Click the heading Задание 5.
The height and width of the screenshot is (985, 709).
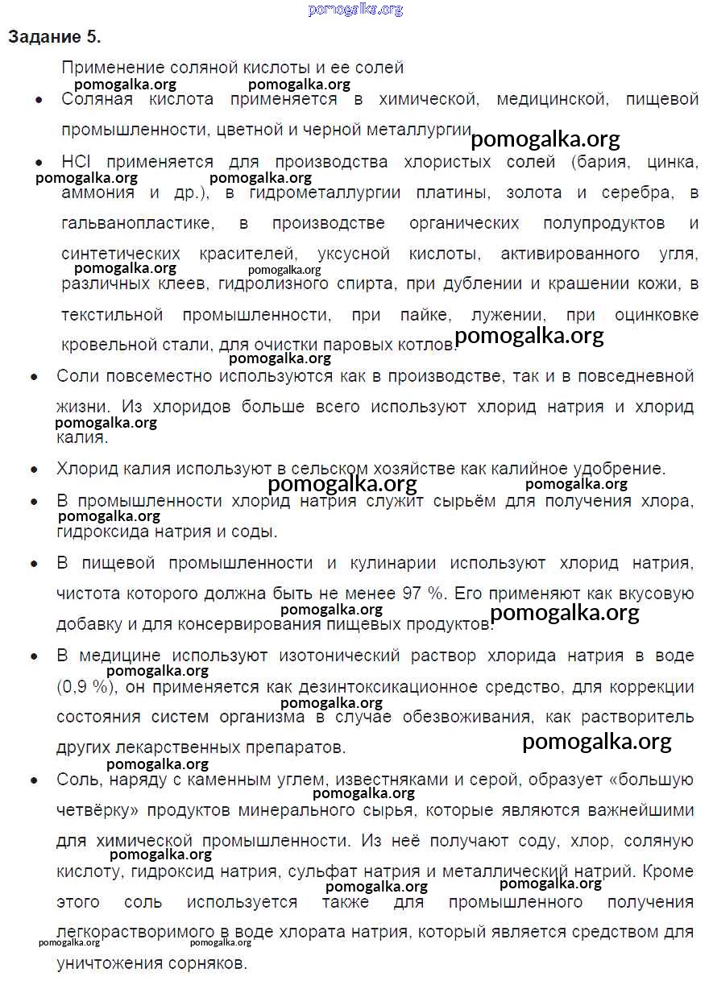coord(55,37)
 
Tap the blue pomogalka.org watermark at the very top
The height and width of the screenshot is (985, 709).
coord(355,10)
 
